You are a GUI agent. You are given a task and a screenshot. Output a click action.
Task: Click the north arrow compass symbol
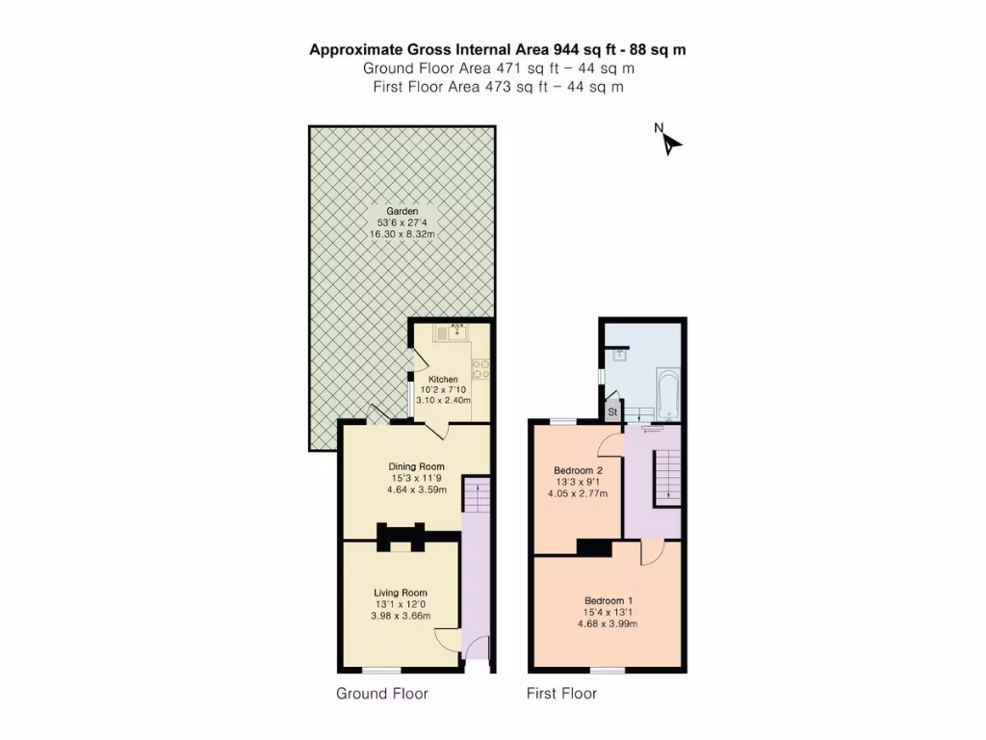click(x=670, y=143)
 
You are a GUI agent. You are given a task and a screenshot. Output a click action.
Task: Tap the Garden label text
click(x=402, y=211)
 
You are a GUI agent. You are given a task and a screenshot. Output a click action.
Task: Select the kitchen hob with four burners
click(x=480, y=367)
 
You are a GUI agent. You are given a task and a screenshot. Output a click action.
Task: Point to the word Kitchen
click(x=443, y=380)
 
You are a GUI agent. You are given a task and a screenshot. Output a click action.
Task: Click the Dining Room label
click(x=416, y=466)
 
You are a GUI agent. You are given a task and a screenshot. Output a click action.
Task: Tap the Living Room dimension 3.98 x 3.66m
click(x=401, y=616)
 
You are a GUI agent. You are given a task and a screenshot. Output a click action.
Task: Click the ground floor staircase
click(x=477, y=496)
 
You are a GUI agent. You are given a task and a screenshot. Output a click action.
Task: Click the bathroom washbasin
click(x=621, y=354)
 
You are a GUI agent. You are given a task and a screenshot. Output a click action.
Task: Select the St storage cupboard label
click(x=611, y=412)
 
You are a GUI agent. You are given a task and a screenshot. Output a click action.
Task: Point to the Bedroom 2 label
click(x=578, y=470)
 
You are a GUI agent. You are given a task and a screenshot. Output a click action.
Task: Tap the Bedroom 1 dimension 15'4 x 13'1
click(x=608, y=612)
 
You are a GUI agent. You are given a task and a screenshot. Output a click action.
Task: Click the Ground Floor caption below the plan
click(x=381, y=694)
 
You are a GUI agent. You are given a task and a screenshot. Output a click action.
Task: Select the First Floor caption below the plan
click(x=561, y=694)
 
